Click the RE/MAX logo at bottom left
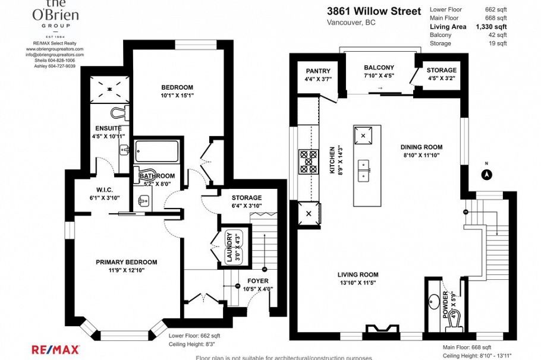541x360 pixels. coord(55,349)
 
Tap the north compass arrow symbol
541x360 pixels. coord(486,175)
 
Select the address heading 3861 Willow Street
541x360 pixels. coord(373,11)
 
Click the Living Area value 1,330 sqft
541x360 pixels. coord(490,27)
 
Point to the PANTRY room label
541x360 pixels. coord(317,71)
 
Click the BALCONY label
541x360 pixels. coord(379,67)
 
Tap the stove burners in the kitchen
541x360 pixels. coord(309,161)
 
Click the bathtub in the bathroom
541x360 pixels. coord(156,153)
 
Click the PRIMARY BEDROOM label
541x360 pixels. coord(127,262)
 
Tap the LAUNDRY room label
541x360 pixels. coord(228,245)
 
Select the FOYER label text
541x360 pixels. coord(257,281)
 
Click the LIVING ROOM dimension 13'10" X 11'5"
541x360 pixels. coord(358,283)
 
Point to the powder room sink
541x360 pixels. coord(433,299)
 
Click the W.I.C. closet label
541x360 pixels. coord(97,191)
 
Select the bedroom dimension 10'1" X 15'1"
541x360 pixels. coord(177,95)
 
